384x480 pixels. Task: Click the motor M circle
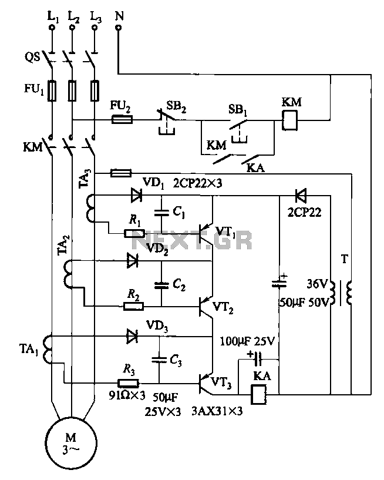(x=46, y=443)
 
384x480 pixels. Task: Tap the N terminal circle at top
(x=119, y=28)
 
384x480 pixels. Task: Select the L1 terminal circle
(x=52, y=28)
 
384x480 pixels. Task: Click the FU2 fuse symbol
(x=122, y=119)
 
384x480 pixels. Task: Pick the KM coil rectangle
(x=289, y=120)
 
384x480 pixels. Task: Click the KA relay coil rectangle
(x=259, y=394)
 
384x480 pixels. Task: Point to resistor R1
(x=134, y=234)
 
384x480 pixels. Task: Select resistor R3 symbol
(x=129, y=383)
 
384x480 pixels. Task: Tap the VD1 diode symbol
(x=136, y=195)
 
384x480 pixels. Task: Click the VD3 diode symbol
(x=133, y=336)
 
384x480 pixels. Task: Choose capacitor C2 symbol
(x=161, y=286)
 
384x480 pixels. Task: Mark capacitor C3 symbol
(x=159, y=360)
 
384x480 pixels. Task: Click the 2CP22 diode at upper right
(x=301, y=196)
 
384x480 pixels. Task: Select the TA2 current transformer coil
(x=68, y=274)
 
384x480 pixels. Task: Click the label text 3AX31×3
(x=217, y=411)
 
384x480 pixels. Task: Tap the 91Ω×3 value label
(x=127, y=395)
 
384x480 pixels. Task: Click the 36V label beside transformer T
(x=317, y=284)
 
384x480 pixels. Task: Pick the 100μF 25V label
(x=247, y=341)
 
